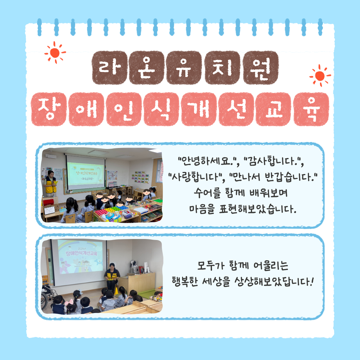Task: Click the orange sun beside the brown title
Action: pos(55,53)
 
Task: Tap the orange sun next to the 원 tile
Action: pos(320,76)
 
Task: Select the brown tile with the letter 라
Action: pos(110,67)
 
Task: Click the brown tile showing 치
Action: pos(222,67)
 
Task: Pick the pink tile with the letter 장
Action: pos(49,109)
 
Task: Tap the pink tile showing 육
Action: pos(311,109)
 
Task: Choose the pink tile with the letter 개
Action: pos(199,109)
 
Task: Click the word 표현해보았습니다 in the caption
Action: pos(258,209)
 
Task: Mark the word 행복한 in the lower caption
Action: pos(185,281)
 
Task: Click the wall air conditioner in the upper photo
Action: pos(51,156)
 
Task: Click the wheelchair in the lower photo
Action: pos(48,296)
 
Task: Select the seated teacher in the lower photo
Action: pos(112,277)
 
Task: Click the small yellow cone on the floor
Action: pos(116,291)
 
